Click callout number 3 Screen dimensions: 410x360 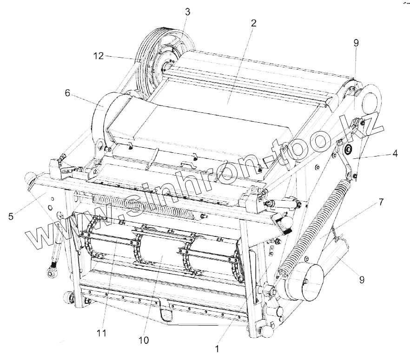(187, 12)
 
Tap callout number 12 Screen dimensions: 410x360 (98, 55)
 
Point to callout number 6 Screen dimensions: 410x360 (67, 93)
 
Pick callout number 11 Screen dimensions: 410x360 (102, 333)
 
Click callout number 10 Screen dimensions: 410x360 (144, 340)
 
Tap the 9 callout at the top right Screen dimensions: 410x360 (356, 43)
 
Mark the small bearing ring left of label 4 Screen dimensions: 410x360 (346, 150)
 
